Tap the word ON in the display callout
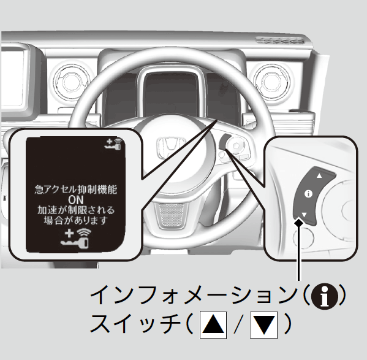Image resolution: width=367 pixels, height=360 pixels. tap(75, 200)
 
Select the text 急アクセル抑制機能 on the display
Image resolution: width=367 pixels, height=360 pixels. tap(75, 190)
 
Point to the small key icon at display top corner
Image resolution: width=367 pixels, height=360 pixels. tap(114, 144)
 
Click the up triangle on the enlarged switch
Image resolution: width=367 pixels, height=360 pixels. tap(319, 175)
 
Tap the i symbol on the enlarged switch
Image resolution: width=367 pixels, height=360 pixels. tap(308, 194)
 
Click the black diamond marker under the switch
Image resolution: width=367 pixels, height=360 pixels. tap(298, 222)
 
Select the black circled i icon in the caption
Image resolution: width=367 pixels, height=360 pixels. tap(324, 296)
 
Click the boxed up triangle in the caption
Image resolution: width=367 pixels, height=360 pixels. tap(213, 324)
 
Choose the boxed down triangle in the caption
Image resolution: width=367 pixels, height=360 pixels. tap(264, 324)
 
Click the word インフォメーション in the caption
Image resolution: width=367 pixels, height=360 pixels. tap(194, 296)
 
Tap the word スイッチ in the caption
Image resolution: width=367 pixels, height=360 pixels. tap(135, 324)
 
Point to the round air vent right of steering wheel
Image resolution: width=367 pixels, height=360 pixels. tap(271, 80)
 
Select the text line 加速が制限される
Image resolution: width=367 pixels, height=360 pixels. tap(76, 210)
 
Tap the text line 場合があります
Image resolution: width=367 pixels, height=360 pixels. tap(76, 220)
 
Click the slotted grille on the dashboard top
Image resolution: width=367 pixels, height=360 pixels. tap(279, 40)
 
